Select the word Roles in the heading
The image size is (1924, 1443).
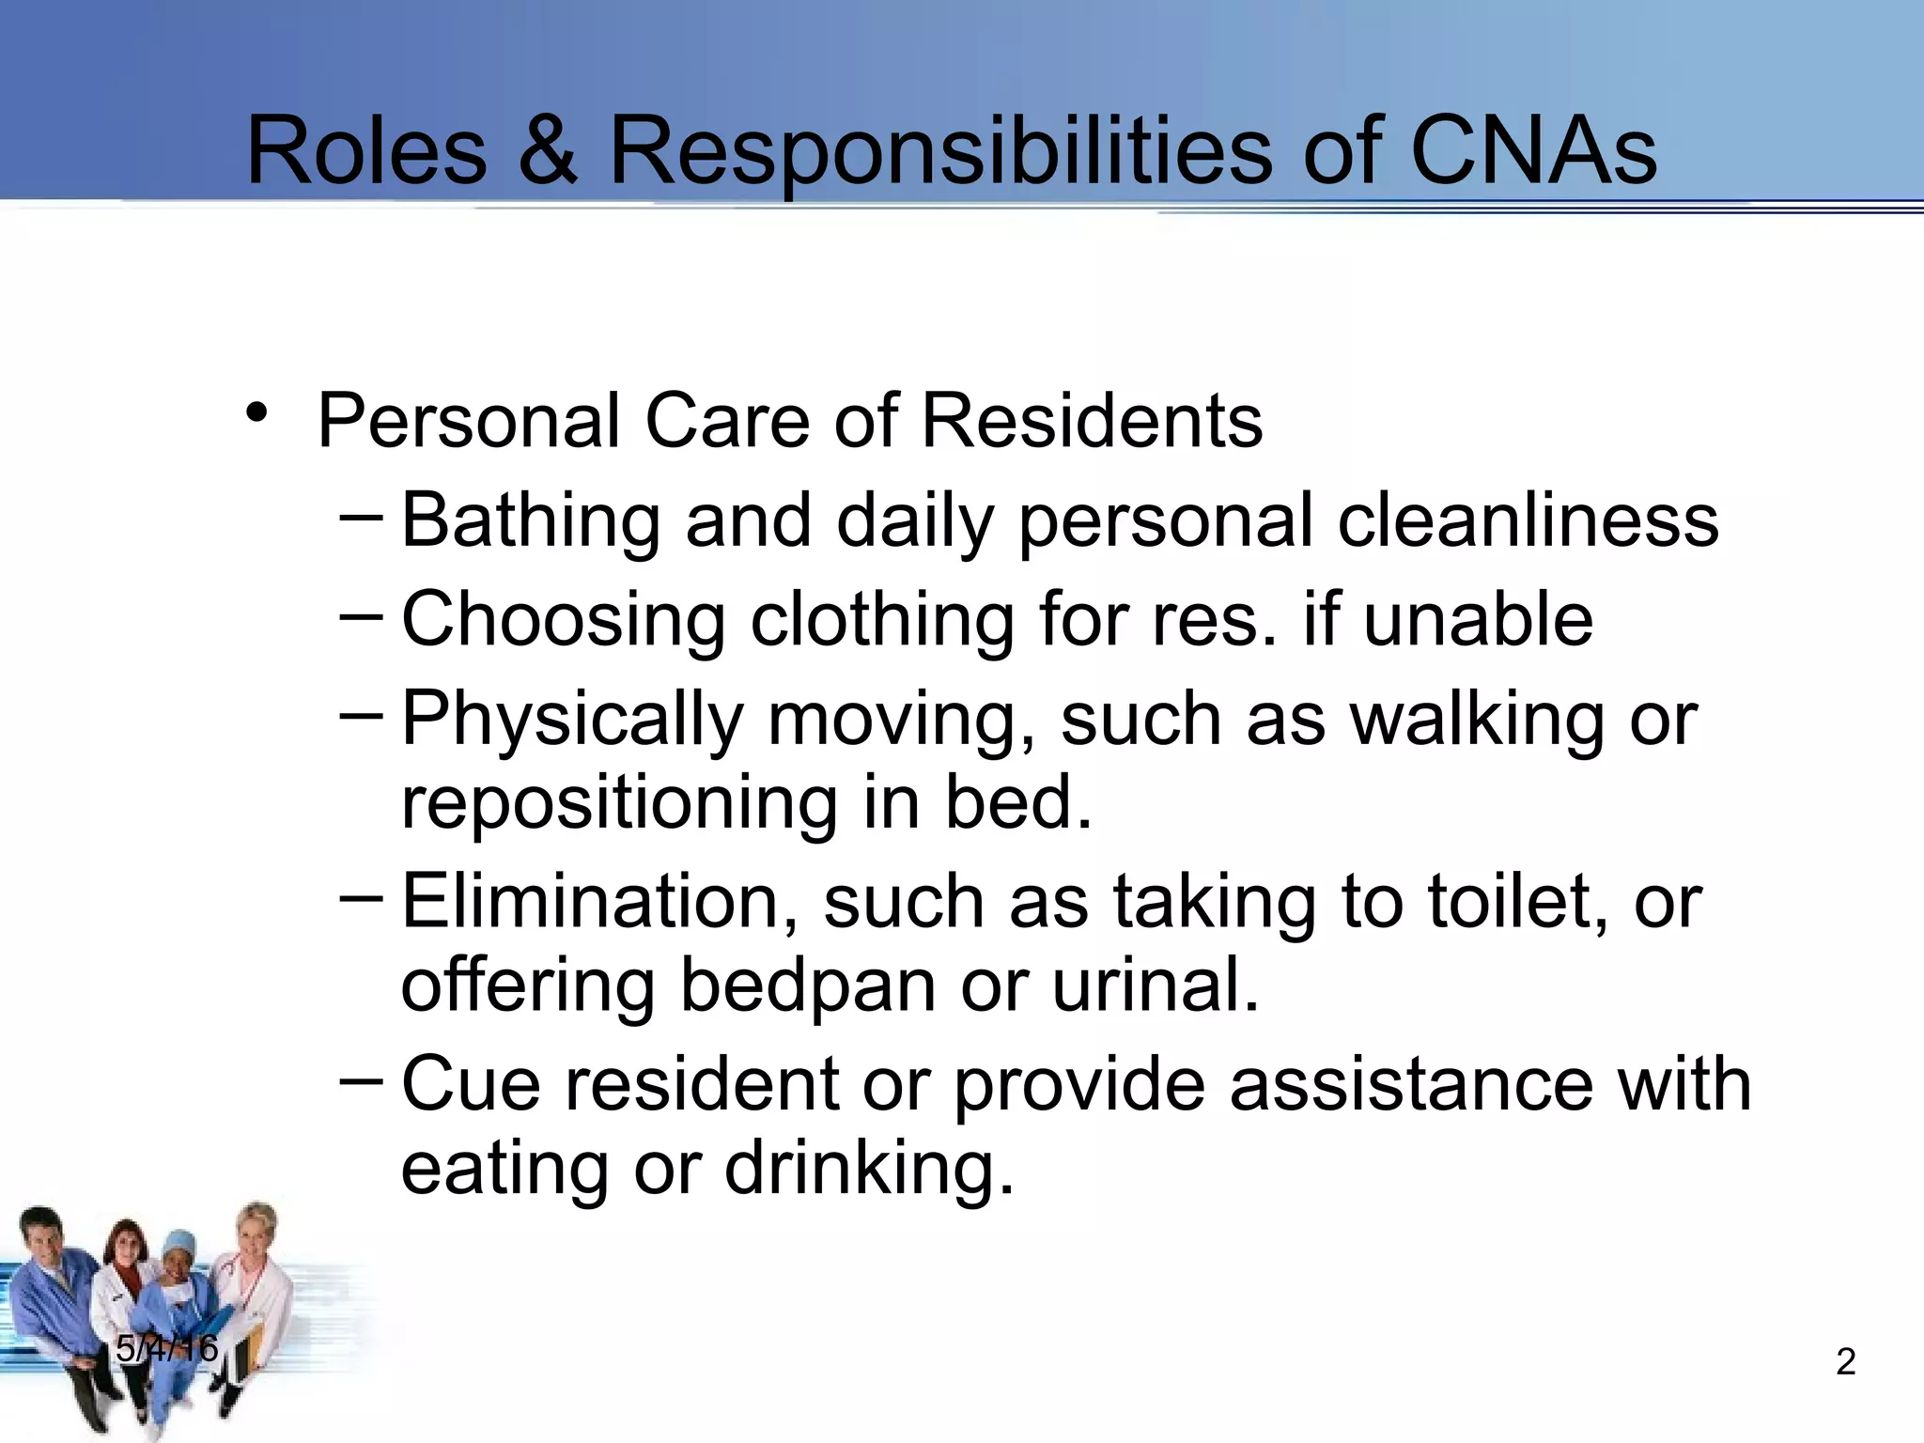tap(366, 152)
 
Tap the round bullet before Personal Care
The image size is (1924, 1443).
tap(256, 413)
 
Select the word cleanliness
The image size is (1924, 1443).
tap(1528, 521)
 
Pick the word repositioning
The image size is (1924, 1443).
tap(618, 806)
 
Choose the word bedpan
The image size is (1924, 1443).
tap(808, 986)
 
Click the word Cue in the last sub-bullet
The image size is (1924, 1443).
tap(471, 1085)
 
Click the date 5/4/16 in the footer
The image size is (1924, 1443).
tap(167, 1349)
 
